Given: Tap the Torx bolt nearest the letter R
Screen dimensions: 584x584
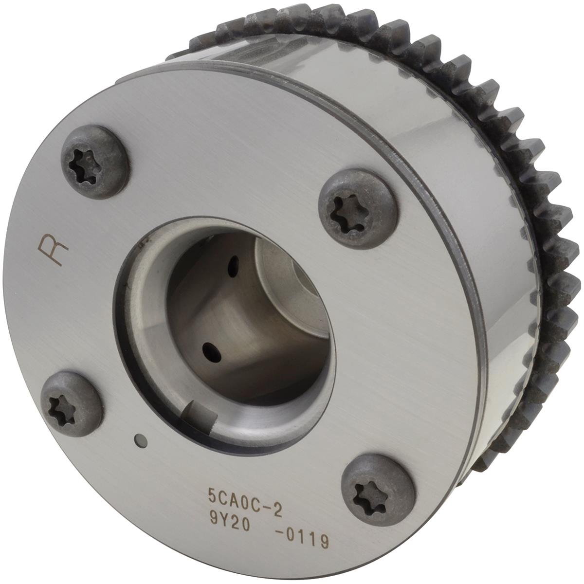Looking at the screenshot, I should (96, 162).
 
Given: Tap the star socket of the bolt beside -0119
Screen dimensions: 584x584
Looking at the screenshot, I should (368, 495).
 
